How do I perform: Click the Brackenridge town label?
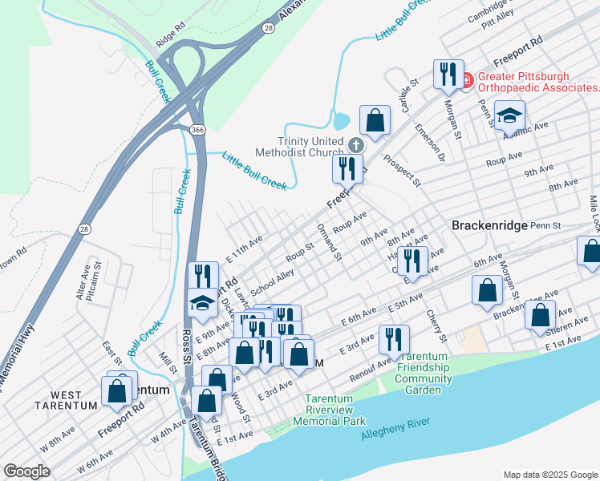pos(489,226)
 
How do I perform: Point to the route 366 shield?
pos(197,129)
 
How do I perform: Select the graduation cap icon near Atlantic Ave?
pos(509,115)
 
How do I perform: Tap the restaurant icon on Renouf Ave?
pos(393,338)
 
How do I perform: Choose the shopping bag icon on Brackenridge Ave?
pos(541,315)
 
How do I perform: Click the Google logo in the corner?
pos(26,471)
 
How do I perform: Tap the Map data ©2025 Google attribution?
pos(549,475)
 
